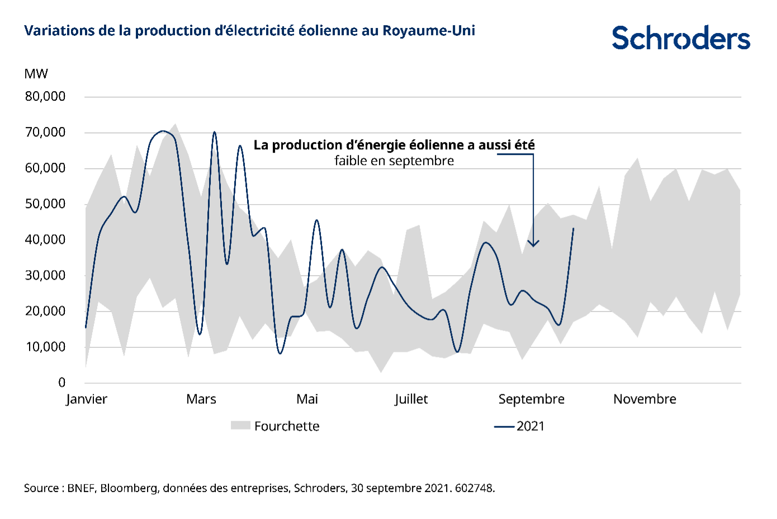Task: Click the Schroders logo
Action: click(x=681, y=38)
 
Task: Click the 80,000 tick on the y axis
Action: click(x=45, y=97)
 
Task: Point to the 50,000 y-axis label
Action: click(x=45, y=204)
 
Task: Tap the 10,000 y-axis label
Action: click(x=45, y=347)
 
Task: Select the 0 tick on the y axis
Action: click(x=61, y=383)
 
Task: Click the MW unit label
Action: click(x=36, y=74)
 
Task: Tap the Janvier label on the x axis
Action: click(x=87, y=399)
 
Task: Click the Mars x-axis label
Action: click(x=201, y=399)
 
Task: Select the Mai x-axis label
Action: click(x=307, y=399)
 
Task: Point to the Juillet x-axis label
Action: click(x=411, y=399)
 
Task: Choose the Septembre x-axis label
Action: click(x=531, y=399)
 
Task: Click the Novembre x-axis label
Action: click(x=645, y=399)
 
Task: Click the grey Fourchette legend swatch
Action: click(x=240, y=426)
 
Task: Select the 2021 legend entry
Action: click(x=530, y=426)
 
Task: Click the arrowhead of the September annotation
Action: click(x=533, y=244)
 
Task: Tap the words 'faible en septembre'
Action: click(x=394, y=161)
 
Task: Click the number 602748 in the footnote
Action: click(x=474, y=488)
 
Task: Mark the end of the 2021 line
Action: click(x=574, y=228)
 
